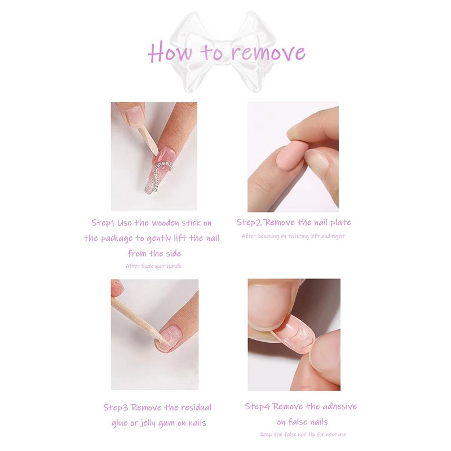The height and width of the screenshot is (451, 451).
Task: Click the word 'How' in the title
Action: (x=170, y=52)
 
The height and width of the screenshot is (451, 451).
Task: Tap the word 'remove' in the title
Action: (x=268, y=53)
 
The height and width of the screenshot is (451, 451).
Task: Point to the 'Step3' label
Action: (x=116, y=408)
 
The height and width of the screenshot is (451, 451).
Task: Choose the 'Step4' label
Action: (x=258, y=406)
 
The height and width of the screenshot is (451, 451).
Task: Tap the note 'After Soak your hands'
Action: (x=153, y=266)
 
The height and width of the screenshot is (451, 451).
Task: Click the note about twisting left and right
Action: (x=293, y=236)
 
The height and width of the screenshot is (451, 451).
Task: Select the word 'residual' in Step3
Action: (x=196, y=408)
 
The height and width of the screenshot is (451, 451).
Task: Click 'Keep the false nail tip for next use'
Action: (x=303, y=434)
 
